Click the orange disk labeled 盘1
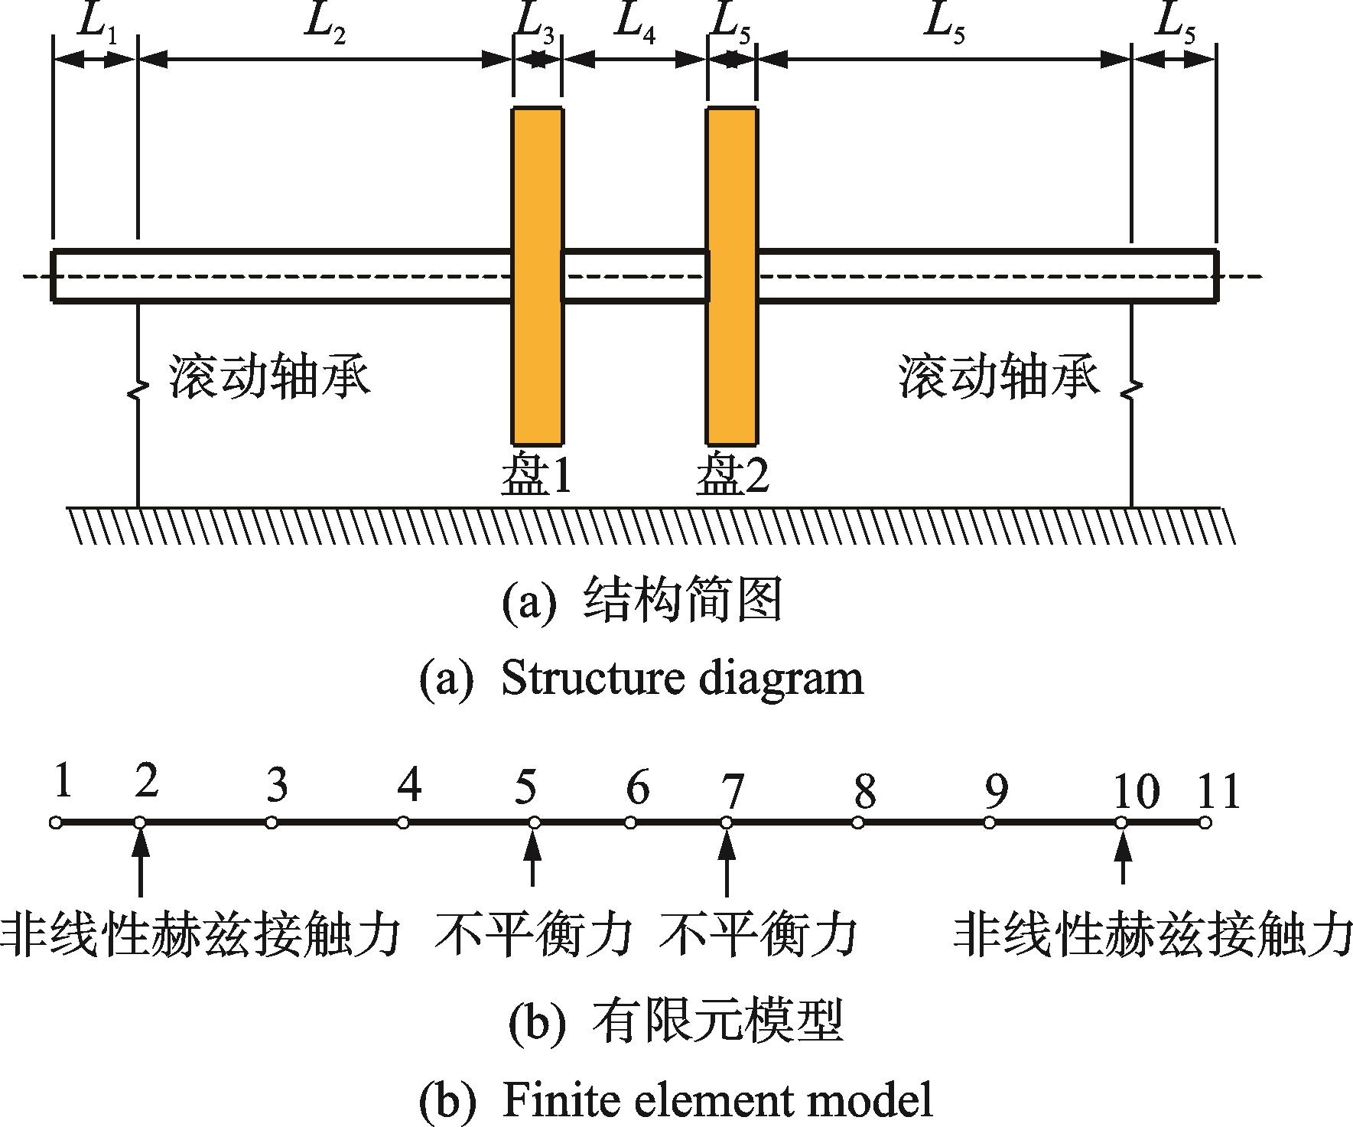(537, 275)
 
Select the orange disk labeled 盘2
(732, 275)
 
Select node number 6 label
(637, 788)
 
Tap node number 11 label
(1218, 790)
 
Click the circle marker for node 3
(272, 823)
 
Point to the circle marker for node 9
(990, 823)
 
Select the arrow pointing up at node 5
(534, 857)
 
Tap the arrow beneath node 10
(1122, 857)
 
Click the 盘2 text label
(732, 476)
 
